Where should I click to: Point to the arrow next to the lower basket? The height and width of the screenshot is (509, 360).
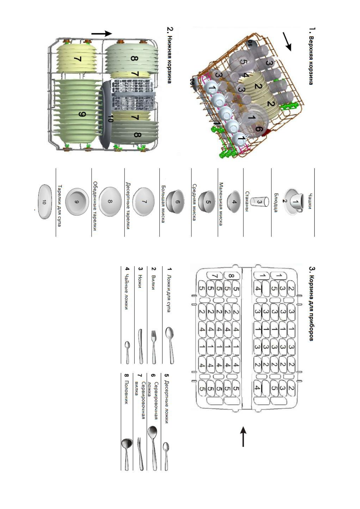pyautogui.click(x=102, y=34)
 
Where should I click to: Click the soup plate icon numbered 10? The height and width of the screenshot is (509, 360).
pyautogui.click(x=44, y=202)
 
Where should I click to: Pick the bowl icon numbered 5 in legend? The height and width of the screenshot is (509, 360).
pyautogui.click(x=208, y=202)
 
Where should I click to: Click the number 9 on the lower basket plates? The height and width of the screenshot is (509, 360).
pyautogui.click(x=82, y=114)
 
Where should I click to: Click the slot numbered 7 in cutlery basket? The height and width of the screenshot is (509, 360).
pyautogui.click(x=215, y=276)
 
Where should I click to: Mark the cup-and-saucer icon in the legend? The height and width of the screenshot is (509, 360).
pyautogui.click(x=295, y=202)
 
